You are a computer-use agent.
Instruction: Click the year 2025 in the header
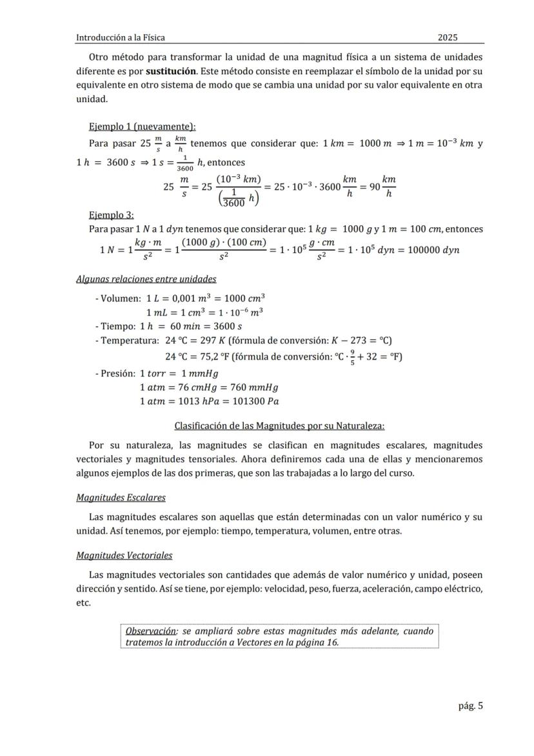448,37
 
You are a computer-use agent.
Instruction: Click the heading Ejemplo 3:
111,215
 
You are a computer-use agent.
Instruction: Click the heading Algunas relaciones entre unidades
146,279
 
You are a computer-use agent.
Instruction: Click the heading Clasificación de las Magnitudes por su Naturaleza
279,425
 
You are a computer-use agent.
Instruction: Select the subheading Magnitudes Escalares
121,497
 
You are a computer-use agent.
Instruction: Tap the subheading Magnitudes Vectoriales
124,555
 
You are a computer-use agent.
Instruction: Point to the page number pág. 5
470,706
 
